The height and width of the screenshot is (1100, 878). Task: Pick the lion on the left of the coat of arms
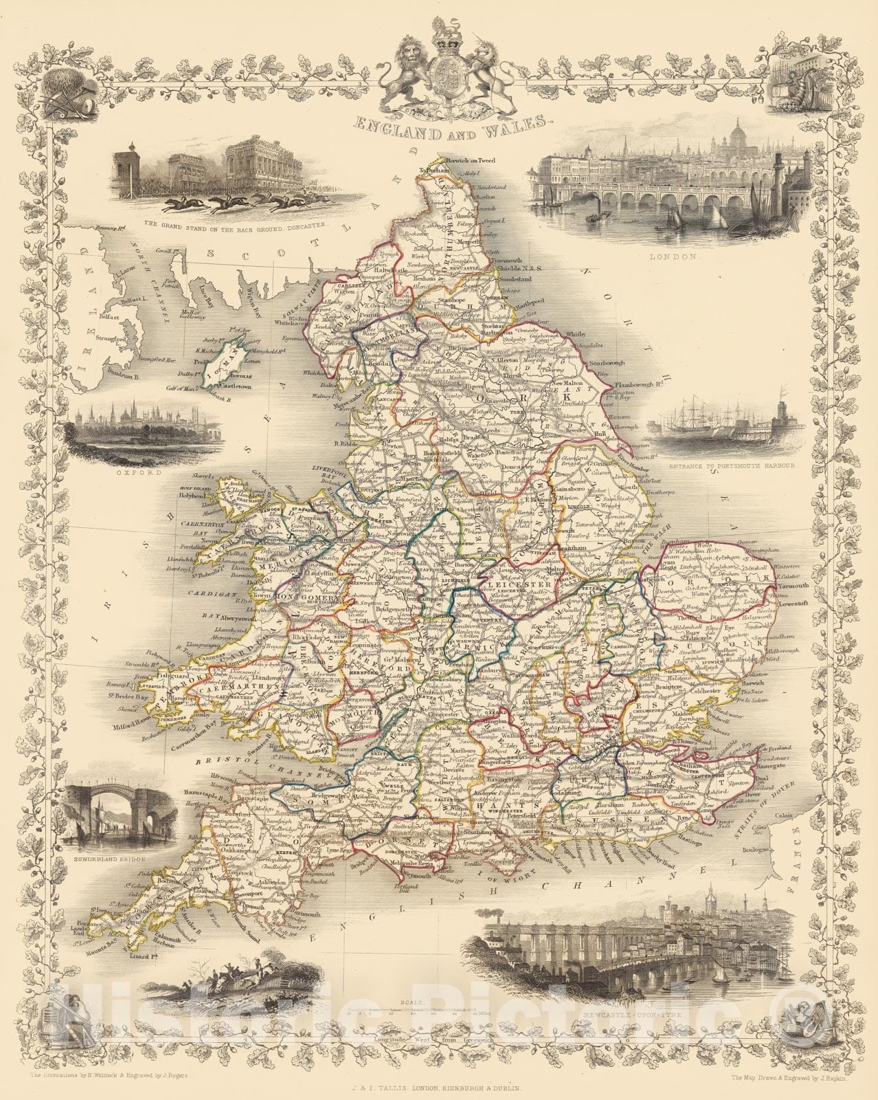[x=412, y=69]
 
